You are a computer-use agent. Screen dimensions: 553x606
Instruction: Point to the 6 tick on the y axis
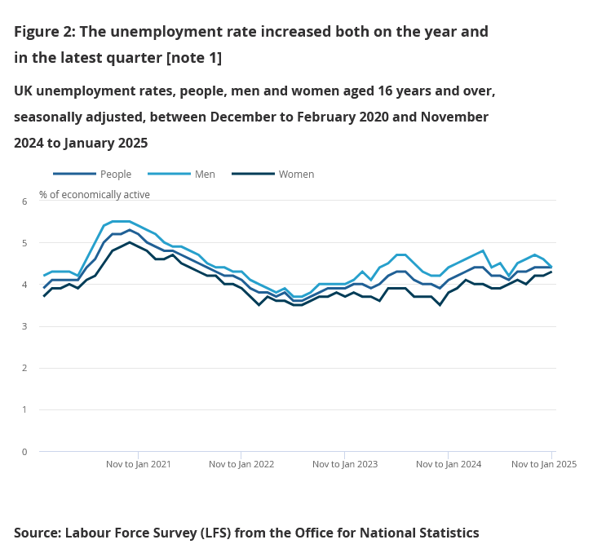pyautogui.click(x=24, y=201)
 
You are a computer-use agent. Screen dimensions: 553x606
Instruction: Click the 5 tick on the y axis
pyautogui.click(x=24, y=243)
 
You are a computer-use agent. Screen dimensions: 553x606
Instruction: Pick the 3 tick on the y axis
pyautogui.click(x=24, y=326)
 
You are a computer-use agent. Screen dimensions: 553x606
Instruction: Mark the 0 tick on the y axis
pyautogui.click(x=24, y=451)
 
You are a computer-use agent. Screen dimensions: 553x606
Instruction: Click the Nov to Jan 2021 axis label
pyautogui.click(x=139, y=464)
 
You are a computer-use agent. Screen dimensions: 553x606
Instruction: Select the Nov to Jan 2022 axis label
pyautogui.click(x=241, y=464)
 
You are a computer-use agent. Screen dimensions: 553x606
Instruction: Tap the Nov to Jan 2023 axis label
pyautogui.click(x=345, y=464)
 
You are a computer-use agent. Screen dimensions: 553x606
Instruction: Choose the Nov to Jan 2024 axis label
pyautogui.click(x=449, y=464)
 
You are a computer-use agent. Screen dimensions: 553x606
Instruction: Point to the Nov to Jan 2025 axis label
pyautogui.click(x=544, y=464)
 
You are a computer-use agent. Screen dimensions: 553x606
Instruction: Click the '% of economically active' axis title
pyautogui.click(x=95, y=194)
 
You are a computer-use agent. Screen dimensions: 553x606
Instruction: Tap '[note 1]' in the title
pyautogui.click(x=193, y=59)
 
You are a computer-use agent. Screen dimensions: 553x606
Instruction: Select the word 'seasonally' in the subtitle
pyautogui.click(x=50, y=117)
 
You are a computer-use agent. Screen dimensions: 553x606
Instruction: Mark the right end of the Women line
pyautogui.click(x=551, y=272)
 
